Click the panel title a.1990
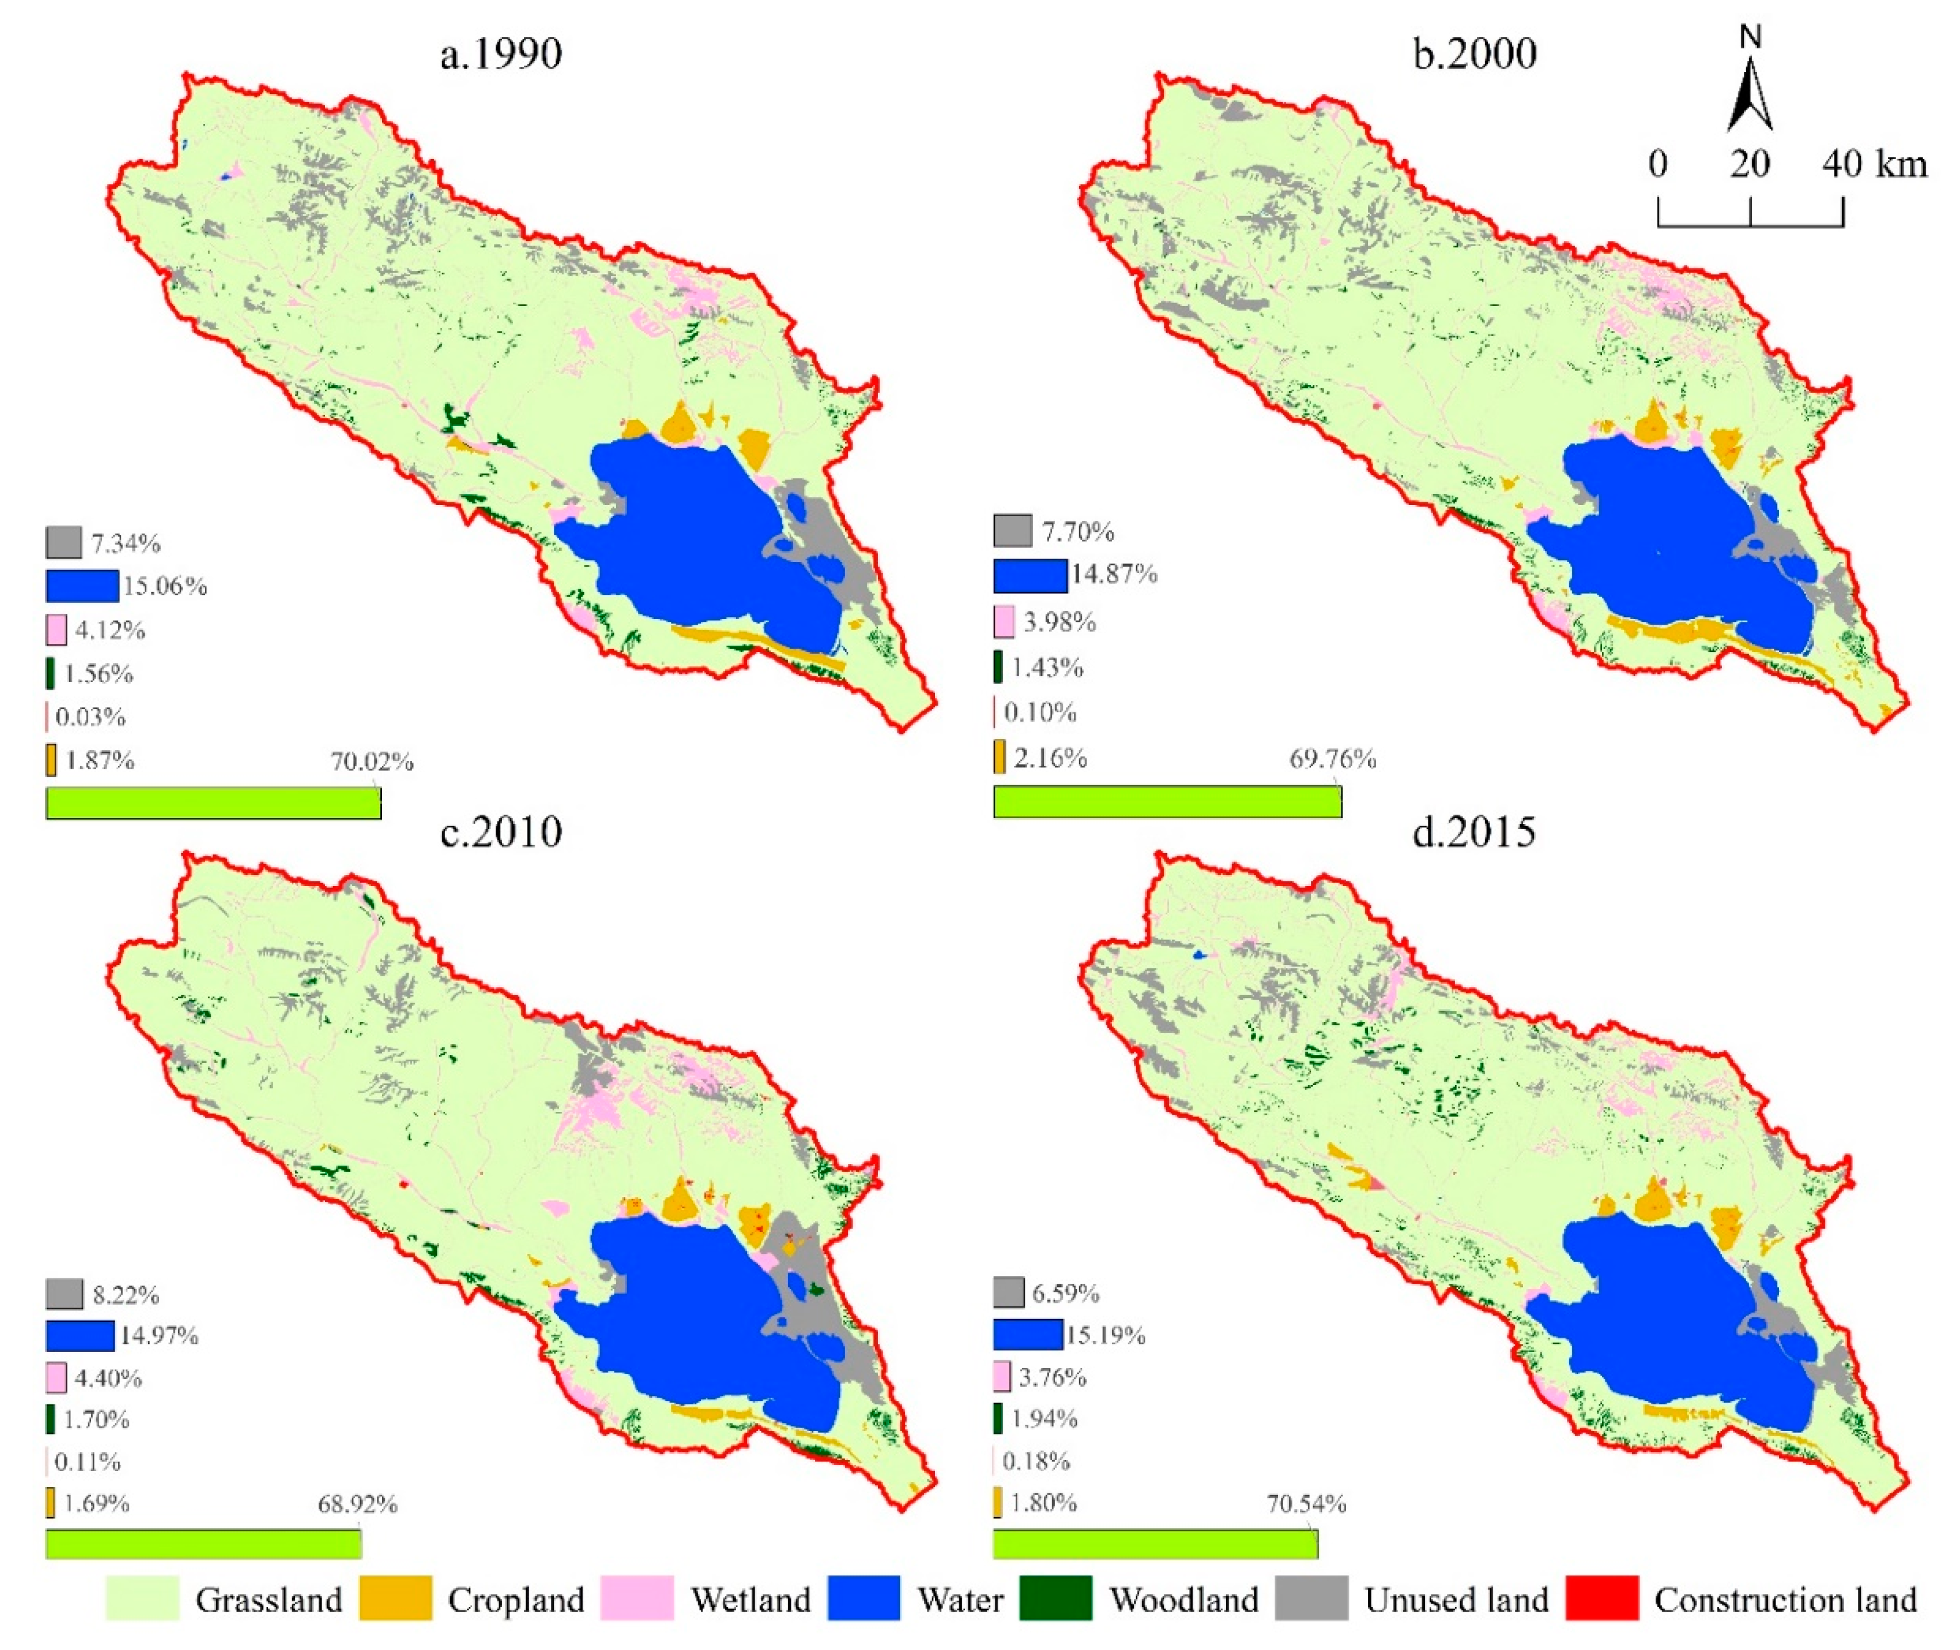[x=501, y=54]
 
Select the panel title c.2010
[x=501, y=831]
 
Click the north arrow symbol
[x=1749, y=93]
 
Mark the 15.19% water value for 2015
[x=1105, y=1335]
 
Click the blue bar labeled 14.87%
[x=1030, y=576]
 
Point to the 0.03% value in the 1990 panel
[x=91, y=718]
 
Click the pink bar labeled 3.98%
[x=1004, y=622]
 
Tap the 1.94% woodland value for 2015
[x=1045, y=1419]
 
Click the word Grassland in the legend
[x=268, y=1601]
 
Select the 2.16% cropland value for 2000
[x=1050, y=758]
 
